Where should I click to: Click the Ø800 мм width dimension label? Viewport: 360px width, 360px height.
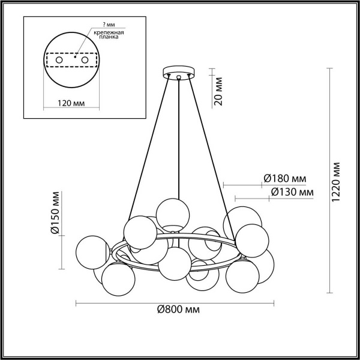click(178, 310)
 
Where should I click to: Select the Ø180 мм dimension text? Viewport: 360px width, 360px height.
click(285, 178)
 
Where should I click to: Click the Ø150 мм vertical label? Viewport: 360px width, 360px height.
click(55, 213)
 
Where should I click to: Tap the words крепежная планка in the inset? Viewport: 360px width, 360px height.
click(109, 34)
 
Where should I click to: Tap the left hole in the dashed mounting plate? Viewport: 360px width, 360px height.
click(59, 61)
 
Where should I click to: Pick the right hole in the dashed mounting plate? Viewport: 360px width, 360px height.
click(85, 61)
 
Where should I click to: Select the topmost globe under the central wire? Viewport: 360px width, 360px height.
click(173, 214)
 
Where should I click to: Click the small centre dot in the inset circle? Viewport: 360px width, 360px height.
click(75, 56)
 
